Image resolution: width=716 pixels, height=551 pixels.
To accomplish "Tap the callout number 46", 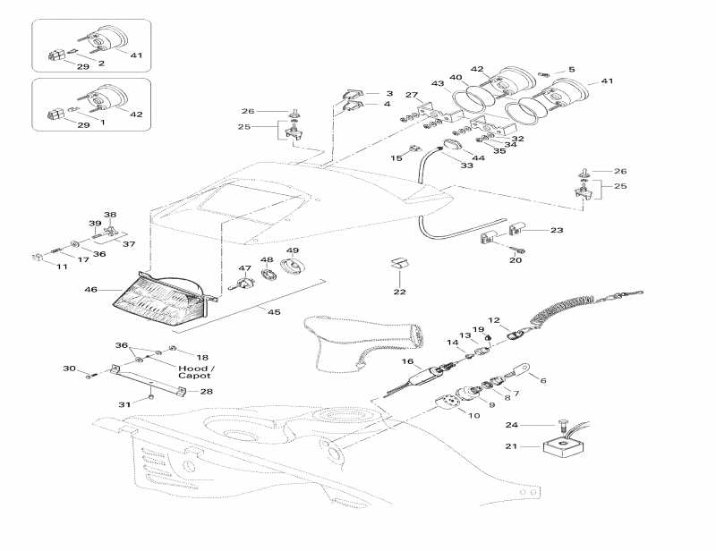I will tap(90, 290).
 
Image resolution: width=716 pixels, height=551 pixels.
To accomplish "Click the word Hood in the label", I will tap(191, 368).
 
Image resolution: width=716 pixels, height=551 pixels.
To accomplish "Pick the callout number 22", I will tap(399, 292).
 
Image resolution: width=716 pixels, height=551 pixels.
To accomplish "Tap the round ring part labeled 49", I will tap(293, 267).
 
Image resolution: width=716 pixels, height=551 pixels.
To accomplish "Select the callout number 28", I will tap(207, 391).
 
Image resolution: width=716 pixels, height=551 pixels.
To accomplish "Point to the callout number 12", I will tap(493, 320).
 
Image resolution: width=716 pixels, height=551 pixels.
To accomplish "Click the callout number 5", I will tap(572, 69).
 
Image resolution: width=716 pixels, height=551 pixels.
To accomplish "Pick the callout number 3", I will tap(388, 93).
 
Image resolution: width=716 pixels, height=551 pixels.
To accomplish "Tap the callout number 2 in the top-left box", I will tap(101, 64).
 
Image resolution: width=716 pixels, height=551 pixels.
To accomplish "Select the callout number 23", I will tap(557, 230).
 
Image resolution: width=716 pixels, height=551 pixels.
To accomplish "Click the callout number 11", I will tap(62, 267).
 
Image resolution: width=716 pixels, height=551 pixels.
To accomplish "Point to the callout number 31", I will tap(125, 404).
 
